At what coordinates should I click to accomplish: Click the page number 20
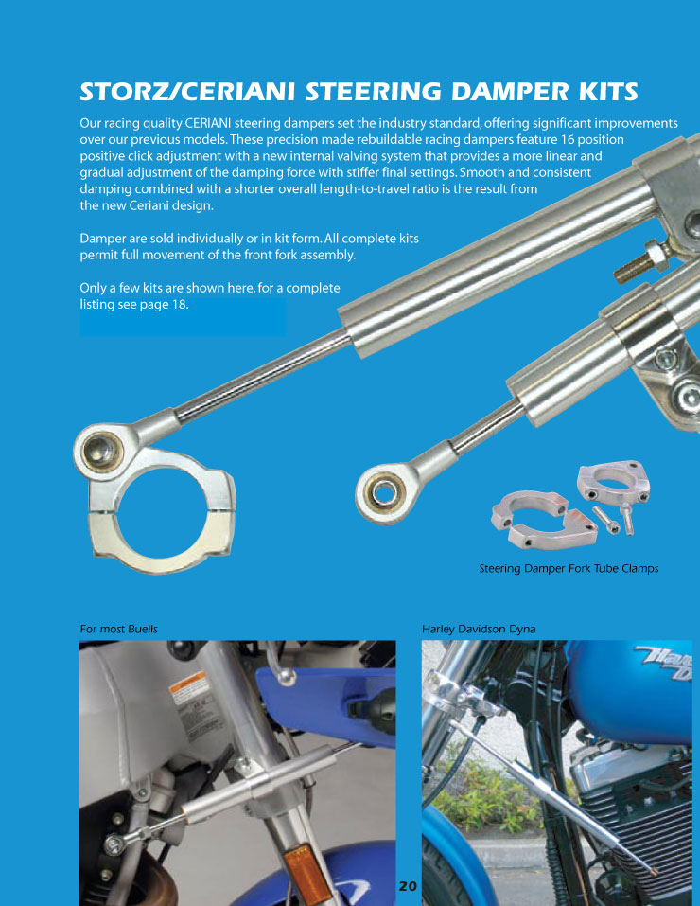point(407,886)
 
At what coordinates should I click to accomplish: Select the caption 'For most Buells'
point(119,629)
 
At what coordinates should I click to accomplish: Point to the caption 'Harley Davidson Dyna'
point(479,629)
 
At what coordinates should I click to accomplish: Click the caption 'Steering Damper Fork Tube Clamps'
point(569,568)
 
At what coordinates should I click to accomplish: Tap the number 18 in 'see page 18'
point(180,304)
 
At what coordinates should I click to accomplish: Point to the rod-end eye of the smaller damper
point(383,491)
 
